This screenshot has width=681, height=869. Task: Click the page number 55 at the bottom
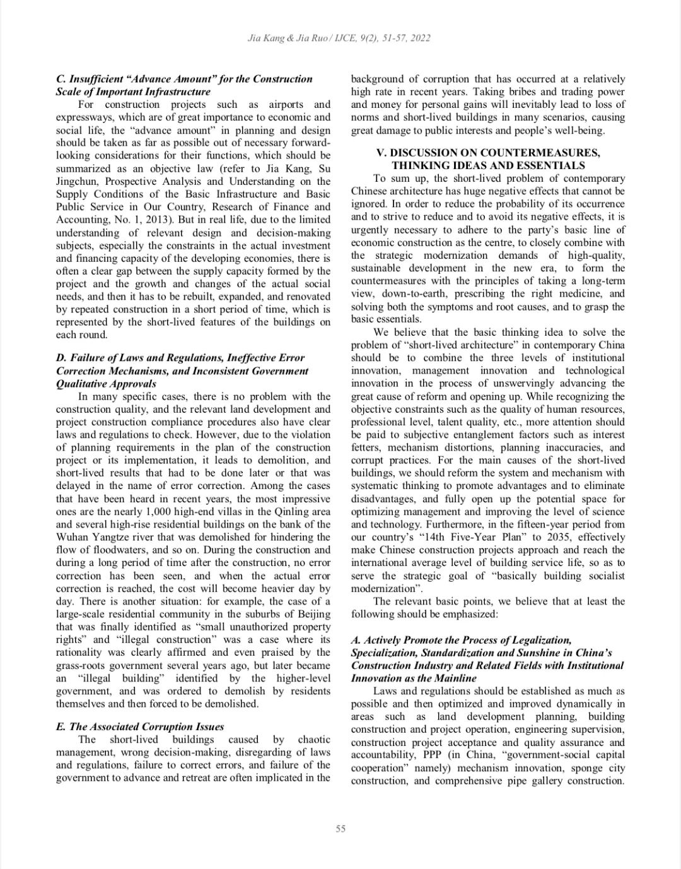click(340, 829)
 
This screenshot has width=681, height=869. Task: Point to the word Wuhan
click(71, 537)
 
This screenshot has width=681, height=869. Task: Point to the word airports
click(286, 104)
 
